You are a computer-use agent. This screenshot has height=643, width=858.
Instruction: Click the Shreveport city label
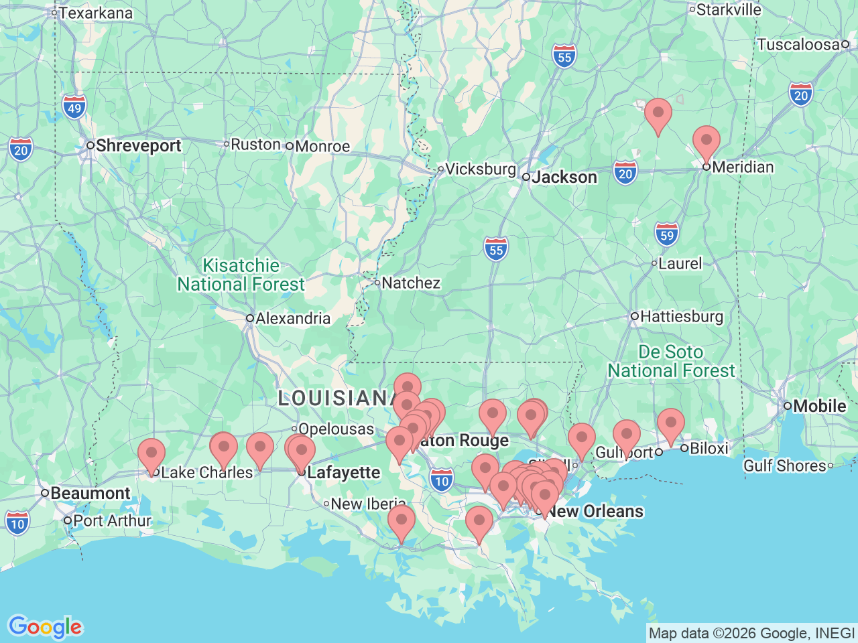coord(138,146)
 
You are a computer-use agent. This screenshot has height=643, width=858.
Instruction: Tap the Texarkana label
coord(95,13)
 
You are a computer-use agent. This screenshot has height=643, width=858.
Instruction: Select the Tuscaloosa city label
coord(798,45)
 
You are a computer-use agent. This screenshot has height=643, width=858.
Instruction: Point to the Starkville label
coord(728,10)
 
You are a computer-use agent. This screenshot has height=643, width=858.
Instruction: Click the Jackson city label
coord(564,177)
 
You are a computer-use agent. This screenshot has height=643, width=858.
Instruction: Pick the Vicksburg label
coord(480,169)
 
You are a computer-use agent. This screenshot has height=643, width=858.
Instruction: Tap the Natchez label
coord(410,283)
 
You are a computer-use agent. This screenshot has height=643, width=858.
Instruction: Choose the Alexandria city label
coord(292,319)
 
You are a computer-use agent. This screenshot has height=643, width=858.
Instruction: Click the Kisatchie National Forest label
coord(241,275)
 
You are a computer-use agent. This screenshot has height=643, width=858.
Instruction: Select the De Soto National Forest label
coord(671,362)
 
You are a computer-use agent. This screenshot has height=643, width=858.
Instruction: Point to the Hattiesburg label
coord(681,316)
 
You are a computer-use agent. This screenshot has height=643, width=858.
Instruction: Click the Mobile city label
coord(819,406)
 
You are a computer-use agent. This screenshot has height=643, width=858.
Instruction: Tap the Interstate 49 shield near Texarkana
coord(74,107)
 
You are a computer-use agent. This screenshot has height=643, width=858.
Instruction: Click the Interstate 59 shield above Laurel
coord(666,235)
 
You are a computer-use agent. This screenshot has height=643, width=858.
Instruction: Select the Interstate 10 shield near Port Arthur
coord(17,524)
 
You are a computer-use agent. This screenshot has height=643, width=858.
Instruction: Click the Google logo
coord(45,627)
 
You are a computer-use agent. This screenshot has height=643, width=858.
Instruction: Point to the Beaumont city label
coord(90,494)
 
